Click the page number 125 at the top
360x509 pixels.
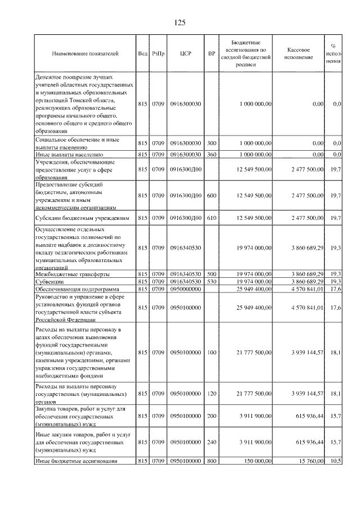coord(180,22)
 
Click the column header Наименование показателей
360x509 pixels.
coord(85,53)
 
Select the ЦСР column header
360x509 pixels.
coord(186,53)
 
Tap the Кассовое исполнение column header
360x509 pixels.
coord(299,53)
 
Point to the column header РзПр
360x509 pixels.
coord(157,53)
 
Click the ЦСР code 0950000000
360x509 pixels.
coord(186,289)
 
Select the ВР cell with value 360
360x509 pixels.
coord(211,154)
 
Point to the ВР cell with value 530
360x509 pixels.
coord(211,281)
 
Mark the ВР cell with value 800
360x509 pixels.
coord(211,461)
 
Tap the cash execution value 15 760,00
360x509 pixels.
coord(308,461)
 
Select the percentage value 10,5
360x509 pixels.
coord(336,461)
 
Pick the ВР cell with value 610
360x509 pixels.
coord(211,217)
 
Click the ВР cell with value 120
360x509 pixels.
coord(211,394)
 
